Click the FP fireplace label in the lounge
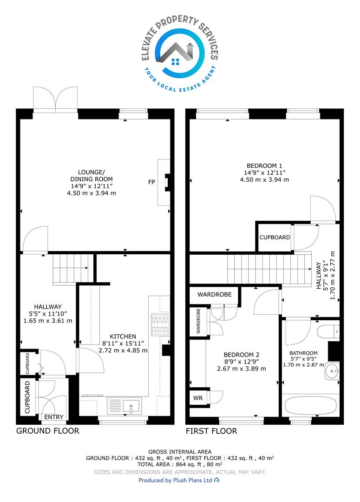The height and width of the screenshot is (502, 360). pos(151,182)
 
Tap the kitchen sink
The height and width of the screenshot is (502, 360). pos(124,406)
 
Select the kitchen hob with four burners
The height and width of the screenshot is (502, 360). pos(160,325)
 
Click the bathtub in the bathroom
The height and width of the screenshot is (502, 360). pos(310,405)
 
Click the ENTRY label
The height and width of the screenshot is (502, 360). pos(54,417)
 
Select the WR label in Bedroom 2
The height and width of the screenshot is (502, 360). pos(198,398)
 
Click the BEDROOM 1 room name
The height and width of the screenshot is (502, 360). pos(264,166)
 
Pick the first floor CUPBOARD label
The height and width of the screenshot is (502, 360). pos(275,237)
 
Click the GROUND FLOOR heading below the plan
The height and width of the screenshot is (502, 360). pos(48,431)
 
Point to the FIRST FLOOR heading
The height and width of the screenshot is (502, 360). pos(211,431)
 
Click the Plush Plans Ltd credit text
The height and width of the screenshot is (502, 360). pos(176,480)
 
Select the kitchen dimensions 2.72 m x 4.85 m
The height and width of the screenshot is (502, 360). pos(123,350)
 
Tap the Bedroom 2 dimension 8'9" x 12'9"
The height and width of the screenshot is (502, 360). pos(241,362)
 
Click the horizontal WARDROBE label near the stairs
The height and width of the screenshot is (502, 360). pos(215,295)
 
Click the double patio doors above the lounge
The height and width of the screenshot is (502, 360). pos(55,99)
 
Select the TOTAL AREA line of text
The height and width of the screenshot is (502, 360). pos(180,464)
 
